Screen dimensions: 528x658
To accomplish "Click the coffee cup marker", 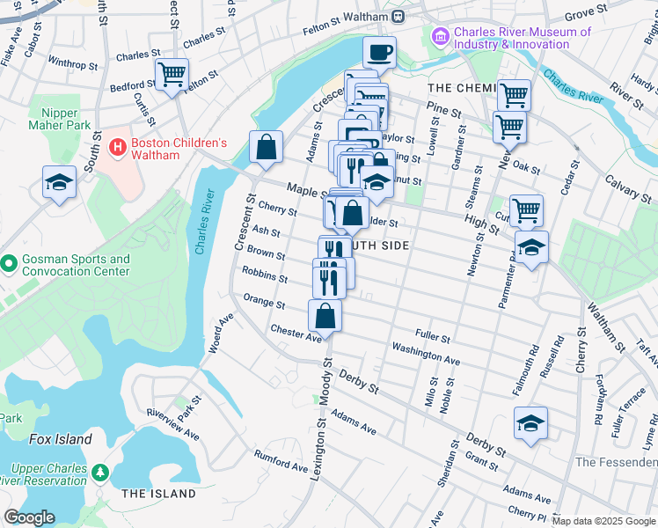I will pyautogui.click(x=379, y=53).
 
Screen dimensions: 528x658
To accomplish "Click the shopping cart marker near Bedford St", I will pyautogui.click(x=172, y=74).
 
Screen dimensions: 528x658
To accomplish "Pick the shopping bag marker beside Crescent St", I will pyautogui.click(x=266, y=147).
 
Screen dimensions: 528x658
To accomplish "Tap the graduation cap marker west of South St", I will pyautogui.click(x=59, y=183).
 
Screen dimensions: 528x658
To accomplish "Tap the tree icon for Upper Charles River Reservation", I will pyautogui.click(x=101, y=473).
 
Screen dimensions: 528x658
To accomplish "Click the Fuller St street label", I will pyautogui.click(x=433, y=338).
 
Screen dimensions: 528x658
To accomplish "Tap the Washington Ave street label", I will pyautogui.click(x=426, y=356).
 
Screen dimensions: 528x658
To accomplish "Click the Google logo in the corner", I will pyautogui.click(x=30, y=517).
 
